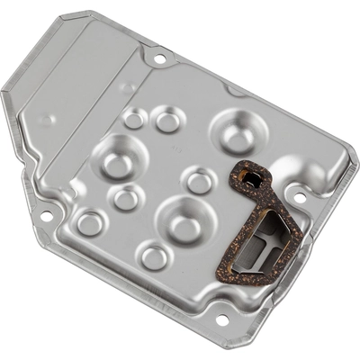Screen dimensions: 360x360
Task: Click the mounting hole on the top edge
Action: [x=159, y=59]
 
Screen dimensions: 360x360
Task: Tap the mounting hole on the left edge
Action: [x=46, y=215]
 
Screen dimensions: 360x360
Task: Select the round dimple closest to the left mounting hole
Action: [x=89, y=222]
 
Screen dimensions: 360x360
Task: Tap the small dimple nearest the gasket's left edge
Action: [x=200, y=180]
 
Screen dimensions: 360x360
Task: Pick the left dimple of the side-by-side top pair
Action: [x=134, y=119]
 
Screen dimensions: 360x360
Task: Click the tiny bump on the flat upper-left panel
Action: [x=47, y=119]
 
